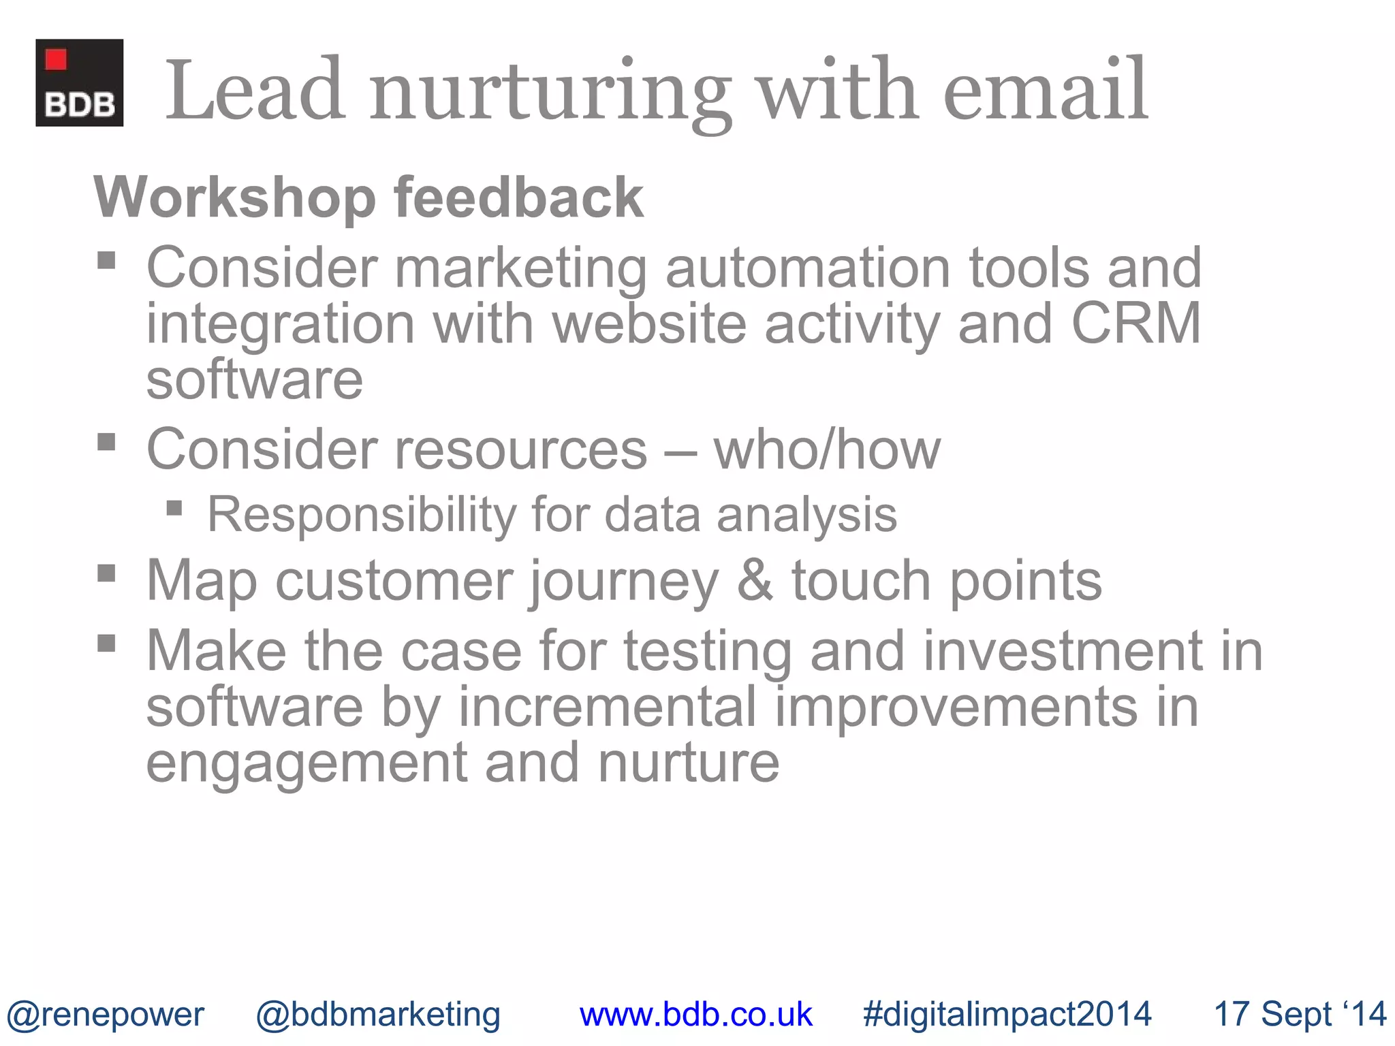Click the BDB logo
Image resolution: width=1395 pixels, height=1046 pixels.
[x=79, y=82]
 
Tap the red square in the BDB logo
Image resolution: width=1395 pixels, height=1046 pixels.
[x=56, y=60]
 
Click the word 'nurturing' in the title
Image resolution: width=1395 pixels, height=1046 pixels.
[x=550, y=92]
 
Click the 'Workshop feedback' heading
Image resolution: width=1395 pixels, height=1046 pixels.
[x=368, y=197]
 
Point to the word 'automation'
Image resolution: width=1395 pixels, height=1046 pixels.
[x=808, y=268]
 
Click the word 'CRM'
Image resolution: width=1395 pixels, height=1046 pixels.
[x=1135, y=323]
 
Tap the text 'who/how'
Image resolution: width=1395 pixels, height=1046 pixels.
[x=826, y=449]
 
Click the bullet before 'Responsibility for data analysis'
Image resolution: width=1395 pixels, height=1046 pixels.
[x=174, y=508]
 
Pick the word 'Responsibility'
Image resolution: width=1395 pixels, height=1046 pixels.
[x=361, y=514]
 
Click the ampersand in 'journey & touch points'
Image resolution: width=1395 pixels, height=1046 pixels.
[x=755, y=581]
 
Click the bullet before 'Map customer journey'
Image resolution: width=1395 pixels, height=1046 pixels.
[x=106, y=573]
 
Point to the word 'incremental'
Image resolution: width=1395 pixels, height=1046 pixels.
[x=607, y=707]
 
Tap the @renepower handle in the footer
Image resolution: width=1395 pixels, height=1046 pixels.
[x=105, y=1014]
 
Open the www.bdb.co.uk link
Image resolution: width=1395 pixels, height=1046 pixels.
[x=695, y=1014]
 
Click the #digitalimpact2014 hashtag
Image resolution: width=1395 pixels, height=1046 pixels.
[x=1007, y=1014]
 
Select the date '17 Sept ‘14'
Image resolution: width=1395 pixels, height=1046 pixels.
[x=1300, y=1014]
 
